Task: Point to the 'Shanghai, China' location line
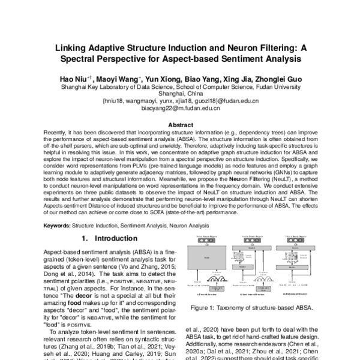point(179,94)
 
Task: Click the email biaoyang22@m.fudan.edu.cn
point(179,109)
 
